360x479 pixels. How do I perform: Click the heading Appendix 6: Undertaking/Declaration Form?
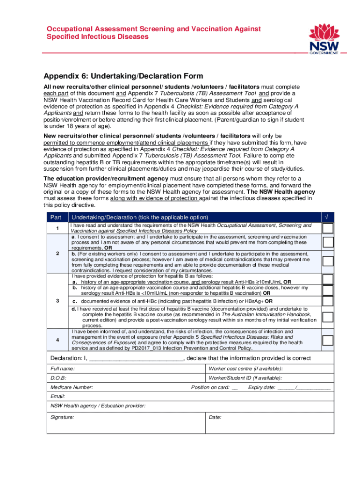click(123, 76)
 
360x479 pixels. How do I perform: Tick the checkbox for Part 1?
click(328, 228)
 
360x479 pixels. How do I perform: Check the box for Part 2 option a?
click(328, 242)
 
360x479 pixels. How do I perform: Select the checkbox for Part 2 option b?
click(328, 261)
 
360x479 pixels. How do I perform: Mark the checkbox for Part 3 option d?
click(328, 317)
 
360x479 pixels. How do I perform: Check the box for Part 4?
click(328, 339)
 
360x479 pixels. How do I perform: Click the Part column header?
click(56, 218)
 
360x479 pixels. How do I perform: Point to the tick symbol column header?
click(326, 218)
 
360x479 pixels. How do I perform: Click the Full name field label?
click(63, 369)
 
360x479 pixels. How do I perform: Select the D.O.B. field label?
click(58, 378)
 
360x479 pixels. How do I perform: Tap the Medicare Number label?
click(72, 387)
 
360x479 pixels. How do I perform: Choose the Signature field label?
click(62, 417)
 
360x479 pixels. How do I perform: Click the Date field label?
click(215, 417)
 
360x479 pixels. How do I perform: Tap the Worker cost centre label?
click(245, 369)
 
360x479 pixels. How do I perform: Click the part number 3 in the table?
click(57, 301)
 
